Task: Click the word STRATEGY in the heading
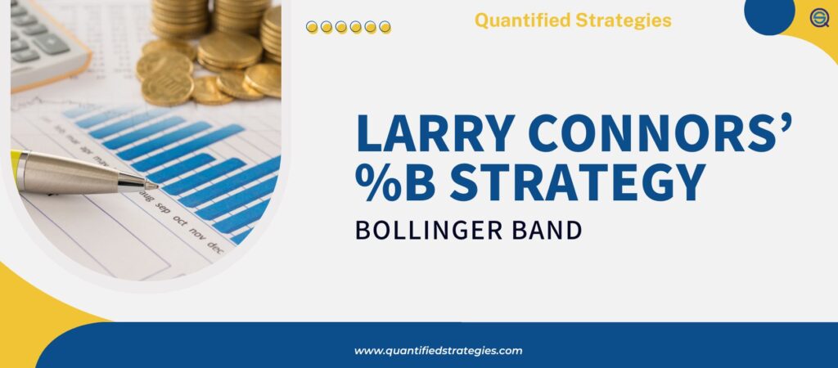pos(577,182)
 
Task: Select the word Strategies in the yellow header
pos(627,20)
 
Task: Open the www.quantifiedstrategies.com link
pos(438,351)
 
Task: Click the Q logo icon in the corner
pos(818,18)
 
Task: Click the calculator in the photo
pos(41,37)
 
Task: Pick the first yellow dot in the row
pos(312,27)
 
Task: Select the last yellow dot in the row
pos(385,27)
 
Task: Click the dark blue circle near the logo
pos(769,12)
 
